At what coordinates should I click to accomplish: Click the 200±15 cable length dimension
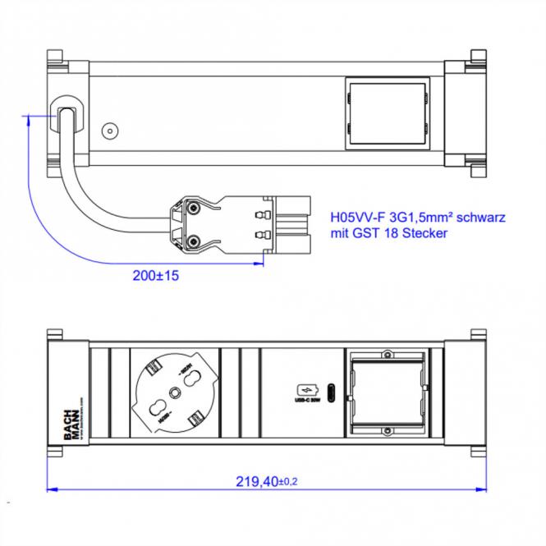(156, 276)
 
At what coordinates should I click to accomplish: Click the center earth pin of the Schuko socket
(174, 392)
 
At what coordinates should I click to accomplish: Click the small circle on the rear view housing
(108, 131)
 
